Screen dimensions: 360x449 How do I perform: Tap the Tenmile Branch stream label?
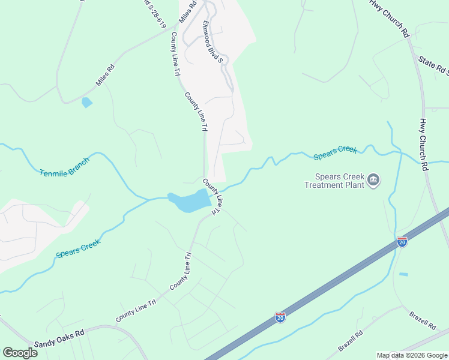point(64,167)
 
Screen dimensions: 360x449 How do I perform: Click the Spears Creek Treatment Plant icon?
point(373,180)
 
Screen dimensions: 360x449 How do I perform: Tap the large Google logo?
point(20,353)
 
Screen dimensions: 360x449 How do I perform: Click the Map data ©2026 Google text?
point(411,355)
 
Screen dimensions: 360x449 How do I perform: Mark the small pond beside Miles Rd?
point(87,103)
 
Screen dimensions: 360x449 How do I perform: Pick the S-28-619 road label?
point(155,13)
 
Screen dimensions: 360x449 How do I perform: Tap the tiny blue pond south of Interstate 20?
point(403,274)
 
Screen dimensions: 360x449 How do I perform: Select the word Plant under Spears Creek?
point(354,185)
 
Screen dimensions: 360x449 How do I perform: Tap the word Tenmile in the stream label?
point(52,171)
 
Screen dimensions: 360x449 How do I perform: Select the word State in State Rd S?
point(427,62)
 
